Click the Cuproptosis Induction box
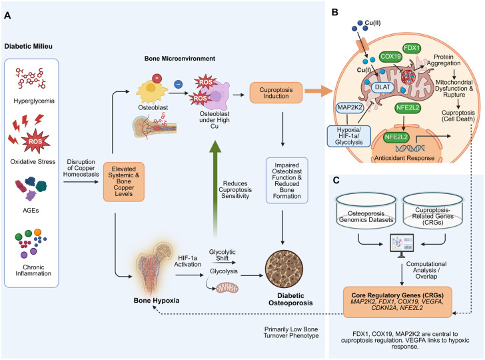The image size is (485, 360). [x=276, y=93]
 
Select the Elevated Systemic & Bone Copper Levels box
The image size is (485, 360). [x=124, y=182]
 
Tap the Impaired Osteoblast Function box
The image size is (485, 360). [x=286, y=181]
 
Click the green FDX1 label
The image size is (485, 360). [x=412, y=48]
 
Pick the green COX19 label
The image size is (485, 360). [x=390, y=57]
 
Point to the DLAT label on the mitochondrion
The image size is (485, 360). [x=382, y=87]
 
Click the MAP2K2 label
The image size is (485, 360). [x=350, y=107]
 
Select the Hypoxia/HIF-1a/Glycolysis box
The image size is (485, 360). [x=348, y=136]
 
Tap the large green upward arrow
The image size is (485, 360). [x=215, y=188]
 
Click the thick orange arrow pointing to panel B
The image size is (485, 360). [x=318, y=91]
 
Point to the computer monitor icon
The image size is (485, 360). [x=402, y=245]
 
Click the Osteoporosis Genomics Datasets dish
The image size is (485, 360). [x=366, y=211]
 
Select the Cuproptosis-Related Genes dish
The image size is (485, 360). [x=433, y=211]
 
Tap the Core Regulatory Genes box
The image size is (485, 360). [x=398, y=302]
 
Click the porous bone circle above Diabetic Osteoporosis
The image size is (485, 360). [x=284, y=269]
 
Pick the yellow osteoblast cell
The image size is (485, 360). [x=151, y=91]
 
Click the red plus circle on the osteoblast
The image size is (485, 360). [x=157, y=78]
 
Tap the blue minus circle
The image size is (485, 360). [x=178, y=84]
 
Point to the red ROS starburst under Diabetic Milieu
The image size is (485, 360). [x=35, y=141]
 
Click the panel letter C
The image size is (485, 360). [x=336, y=180]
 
